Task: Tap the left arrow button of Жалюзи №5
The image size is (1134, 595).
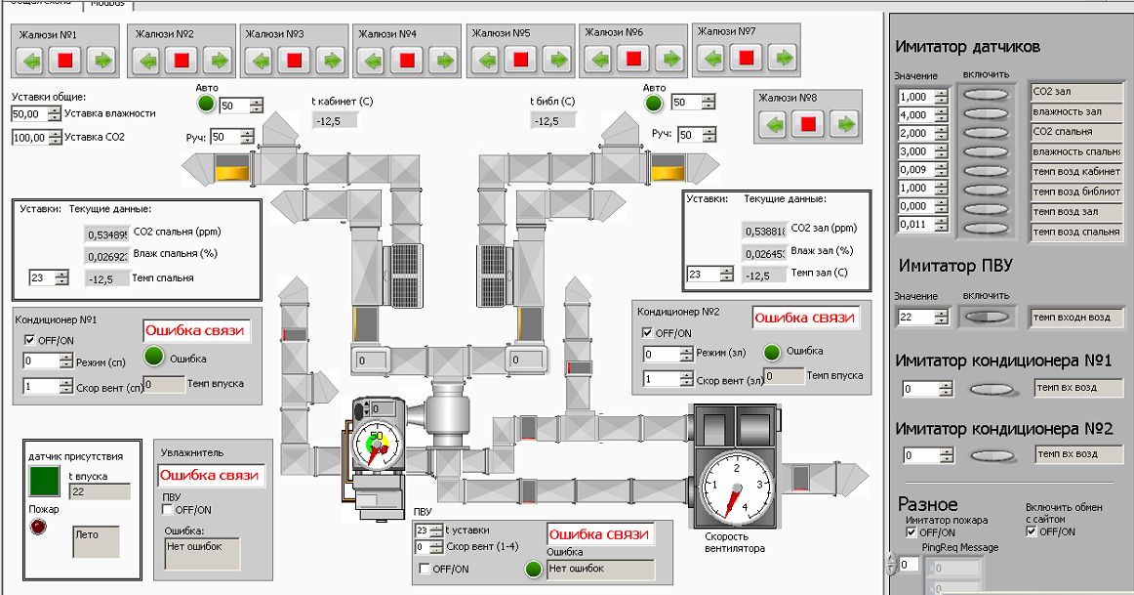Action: pos(485,61)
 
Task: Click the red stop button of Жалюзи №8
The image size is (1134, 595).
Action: pos(809,125)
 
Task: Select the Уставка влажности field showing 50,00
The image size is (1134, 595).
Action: pos(29,114)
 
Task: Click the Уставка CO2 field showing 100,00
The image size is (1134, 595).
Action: pos(29,138)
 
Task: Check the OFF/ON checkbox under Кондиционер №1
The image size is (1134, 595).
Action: pos(30,339)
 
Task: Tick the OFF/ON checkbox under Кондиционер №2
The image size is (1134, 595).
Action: pos(648,332)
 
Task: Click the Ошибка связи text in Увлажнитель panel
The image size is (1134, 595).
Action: pos(210,475)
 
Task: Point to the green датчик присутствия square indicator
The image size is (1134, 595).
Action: pos(45,481)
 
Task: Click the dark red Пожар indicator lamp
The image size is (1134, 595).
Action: pos(40,528)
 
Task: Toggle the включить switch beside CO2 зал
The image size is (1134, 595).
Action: pos(988,94)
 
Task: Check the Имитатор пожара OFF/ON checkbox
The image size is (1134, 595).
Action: pos(912,532)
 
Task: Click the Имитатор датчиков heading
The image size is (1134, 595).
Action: pos(967,47)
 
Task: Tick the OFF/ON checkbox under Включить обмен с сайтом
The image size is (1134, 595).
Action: pos(1033,532)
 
